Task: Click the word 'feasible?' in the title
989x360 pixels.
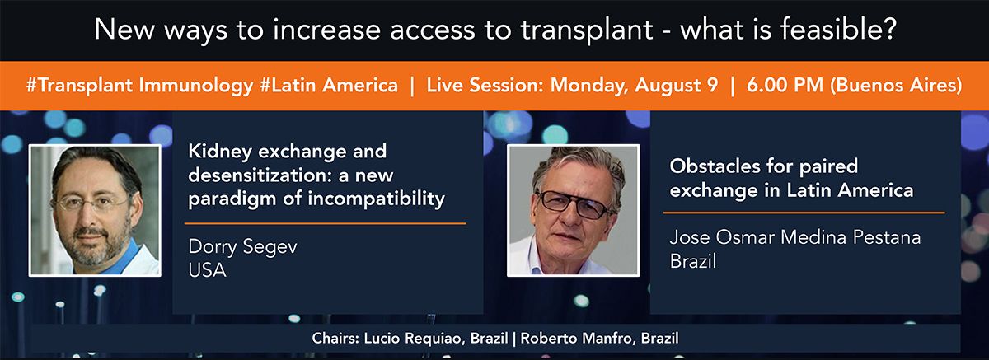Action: (838, 29)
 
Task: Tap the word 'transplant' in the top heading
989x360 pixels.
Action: (587, 30)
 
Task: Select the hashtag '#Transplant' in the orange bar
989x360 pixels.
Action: (79, 86)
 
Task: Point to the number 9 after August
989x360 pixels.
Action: (712, 85)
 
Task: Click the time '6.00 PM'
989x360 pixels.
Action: (785, 85)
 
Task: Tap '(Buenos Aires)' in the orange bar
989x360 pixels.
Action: (896, 86)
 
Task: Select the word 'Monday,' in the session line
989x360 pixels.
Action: (589, 86)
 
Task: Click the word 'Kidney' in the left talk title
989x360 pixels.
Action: (220, 152)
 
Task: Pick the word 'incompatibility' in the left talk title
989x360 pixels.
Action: (376, 199)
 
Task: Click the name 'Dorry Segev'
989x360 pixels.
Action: (242, 247)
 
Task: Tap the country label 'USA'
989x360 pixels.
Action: (207, 270)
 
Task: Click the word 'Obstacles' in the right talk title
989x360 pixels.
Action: (715, 166)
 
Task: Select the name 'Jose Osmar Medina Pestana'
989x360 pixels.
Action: (795, 237)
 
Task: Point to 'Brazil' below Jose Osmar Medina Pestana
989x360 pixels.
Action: (693, 261)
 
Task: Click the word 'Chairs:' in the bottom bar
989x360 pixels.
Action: (335, 339)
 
